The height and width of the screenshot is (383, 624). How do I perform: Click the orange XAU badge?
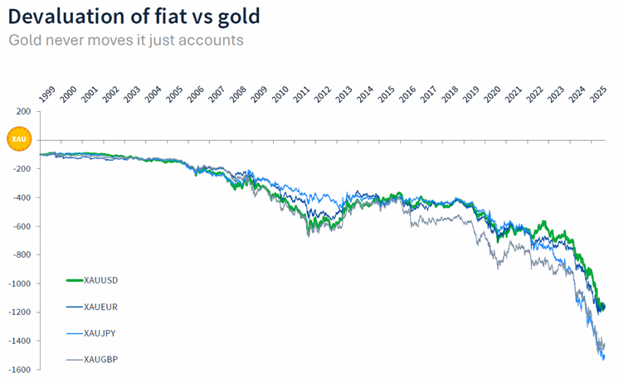point(18,139)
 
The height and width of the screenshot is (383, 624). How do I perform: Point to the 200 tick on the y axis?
point(22,111)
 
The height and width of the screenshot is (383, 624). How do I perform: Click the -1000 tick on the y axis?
point(18,284)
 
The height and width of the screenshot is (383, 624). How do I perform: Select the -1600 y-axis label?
point(18,370)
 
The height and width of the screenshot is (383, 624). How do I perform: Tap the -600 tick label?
point(20,226)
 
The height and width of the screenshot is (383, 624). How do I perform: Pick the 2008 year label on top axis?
point(238,94)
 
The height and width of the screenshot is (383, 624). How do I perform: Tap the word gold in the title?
point(236,16)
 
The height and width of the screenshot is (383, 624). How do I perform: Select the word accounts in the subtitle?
point(212,41)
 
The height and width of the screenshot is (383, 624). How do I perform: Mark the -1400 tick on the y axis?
point(18,341)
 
